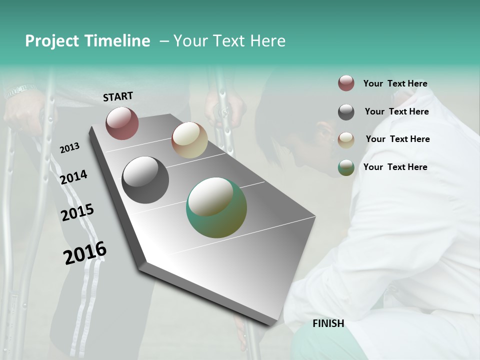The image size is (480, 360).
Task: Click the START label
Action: (x=118, y=96)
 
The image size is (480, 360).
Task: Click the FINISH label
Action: (x=328, y=323)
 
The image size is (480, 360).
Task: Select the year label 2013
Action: (x=69, y=148)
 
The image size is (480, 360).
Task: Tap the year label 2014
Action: (x=73, y=177)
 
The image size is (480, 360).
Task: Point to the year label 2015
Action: (x=77, y=212)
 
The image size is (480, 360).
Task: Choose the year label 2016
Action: (x=85, y=253)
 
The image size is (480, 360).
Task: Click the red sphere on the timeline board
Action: (x=122, y=123)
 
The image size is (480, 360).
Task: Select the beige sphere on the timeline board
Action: (x=189, y=140)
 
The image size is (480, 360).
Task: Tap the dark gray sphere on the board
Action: (x=145, y=179)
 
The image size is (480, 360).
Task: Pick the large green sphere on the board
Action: (x=216, y=207)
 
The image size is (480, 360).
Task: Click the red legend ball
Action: (x=346, y=83)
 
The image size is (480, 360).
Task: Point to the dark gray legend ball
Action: (x=346, y=111)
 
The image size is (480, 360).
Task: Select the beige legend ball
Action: (x=346, y=139)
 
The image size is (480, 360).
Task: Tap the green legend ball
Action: (x=346, y=167)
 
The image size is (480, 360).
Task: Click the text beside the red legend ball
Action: (x=395, y=83)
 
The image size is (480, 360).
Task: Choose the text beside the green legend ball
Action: (x=395, y=167)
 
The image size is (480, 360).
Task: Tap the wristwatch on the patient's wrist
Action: (x=20, y=91)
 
